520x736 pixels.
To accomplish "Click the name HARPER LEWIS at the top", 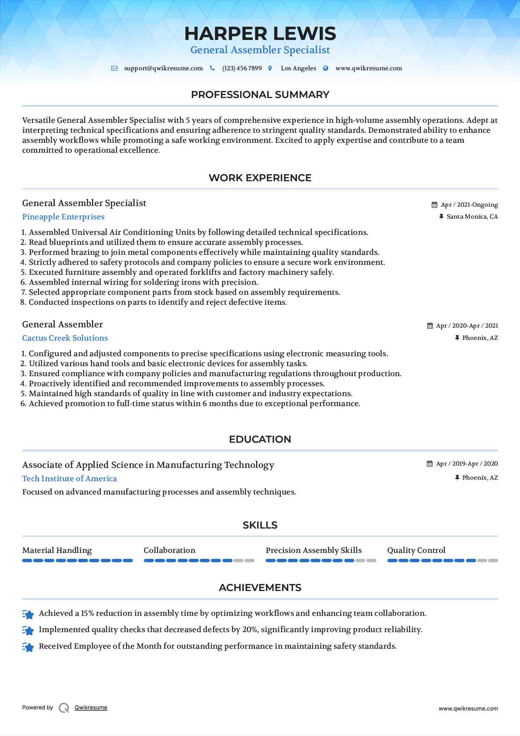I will (260, 34).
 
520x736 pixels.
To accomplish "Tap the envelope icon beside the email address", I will (115, 68).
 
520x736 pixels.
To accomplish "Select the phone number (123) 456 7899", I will (242, 68).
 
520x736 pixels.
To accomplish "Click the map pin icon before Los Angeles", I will (270, 68).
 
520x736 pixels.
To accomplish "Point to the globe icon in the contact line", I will (326, 68).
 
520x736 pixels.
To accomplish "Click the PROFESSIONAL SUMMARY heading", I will (260, 95).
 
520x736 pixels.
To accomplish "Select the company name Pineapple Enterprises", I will (63, 217).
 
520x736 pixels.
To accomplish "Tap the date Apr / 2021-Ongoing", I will (469, 205).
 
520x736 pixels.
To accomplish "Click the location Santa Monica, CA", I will (472, 217).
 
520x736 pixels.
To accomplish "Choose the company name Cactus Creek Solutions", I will (65, 338).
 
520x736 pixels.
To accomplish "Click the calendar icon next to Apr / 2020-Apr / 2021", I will (430, 326).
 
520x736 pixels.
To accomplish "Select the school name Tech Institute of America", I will (69, 479).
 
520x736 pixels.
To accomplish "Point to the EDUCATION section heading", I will (260, 439).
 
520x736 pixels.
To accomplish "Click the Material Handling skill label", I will (57, 550).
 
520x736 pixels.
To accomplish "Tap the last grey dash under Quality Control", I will (493, 561).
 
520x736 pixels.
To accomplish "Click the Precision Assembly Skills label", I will (314, 550).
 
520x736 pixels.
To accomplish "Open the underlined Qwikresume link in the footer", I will (91, 708).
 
